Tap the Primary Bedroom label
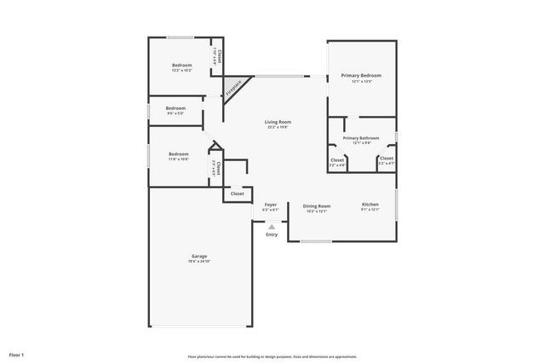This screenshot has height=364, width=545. coord(361,76)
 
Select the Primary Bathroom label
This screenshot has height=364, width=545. coord(361,137)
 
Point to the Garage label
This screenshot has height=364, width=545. coord(199,256)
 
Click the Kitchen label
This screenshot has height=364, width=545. coord(370,205)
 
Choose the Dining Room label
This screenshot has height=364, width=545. coord(317,205)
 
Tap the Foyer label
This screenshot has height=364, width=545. coord(271,205)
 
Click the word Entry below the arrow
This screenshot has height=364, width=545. coord(271,234)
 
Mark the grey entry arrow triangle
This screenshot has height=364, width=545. coord(271,226)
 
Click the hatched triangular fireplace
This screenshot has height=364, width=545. coord(232,86)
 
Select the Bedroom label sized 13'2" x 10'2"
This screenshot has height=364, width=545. coord(181,66)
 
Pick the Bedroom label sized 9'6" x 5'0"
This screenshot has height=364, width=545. coord(175,108)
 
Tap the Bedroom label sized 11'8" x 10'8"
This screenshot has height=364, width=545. coord(178,153)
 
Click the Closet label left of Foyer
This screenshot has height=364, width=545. coord(237,194)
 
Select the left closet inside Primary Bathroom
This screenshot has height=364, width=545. coord(337,159)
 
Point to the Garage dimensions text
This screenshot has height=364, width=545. coord(199,262)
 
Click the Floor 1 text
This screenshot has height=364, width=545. coord(16,354)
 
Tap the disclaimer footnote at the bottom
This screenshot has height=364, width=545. coord(272,356)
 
